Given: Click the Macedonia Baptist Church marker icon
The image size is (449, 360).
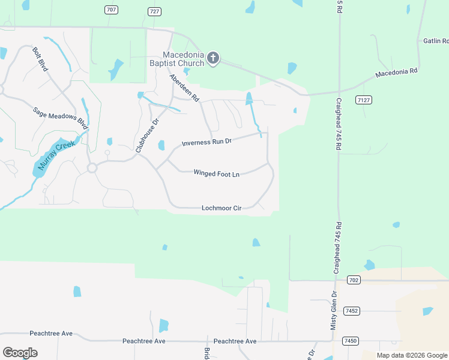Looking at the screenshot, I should pyautogui.click(x=212, y=58).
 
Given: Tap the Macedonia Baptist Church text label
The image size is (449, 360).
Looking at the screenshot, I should pyautogui.click(x=177, y=58).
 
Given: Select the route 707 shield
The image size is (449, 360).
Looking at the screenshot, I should pyautogui.click(x=110, y=10).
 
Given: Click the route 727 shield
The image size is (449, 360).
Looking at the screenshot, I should pyautogui.click(x=154, y=12).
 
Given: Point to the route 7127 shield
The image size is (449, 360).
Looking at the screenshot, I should pyautogui.click(x=362, y=100).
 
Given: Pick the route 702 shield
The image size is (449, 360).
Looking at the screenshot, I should pyautogui.click(x=354, y=280).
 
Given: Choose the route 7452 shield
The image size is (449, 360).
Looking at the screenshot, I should pyautogui.click(x=351, y=311).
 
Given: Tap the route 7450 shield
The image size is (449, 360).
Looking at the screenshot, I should pyautogui.click(x=350, y=341).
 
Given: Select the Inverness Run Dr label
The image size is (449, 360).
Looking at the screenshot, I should pyautogui.click(x=206, y=142).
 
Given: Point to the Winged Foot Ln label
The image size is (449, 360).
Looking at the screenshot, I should pyautogui.click(x=216, y=173).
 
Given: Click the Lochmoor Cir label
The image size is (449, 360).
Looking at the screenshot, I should pyautogui.click(x=221, y=208).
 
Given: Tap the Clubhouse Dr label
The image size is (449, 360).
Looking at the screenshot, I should pyautogui.click(x=147, y=134).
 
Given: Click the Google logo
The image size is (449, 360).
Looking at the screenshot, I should pyautogui.click(x=20, y=353).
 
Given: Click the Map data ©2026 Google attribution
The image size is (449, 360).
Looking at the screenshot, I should pyautogui.click(x=411, y=355).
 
